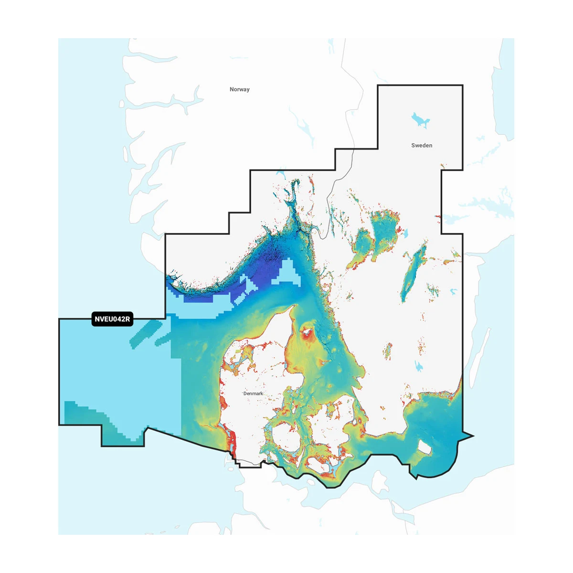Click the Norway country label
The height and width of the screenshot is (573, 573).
pos(239,89)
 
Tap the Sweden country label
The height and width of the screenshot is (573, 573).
pos(422,145)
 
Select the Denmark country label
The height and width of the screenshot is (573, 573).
pos(253,393)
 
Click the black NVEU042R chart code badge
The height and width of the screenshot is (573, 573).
pos(112,319)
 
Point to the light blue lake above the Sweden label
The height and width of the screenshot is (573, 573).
pos(420,120)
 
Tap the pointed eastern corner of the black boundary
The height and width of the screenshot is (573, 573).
pos(473,435)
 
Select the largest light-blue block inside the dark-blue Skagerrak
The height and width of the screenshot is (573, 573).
pos(289,273)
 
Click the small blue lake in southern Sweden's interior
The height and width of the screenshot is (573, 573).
pos(419,366)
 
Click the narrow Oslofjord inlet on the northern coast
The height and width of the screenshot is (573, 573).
pos(291,201)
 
